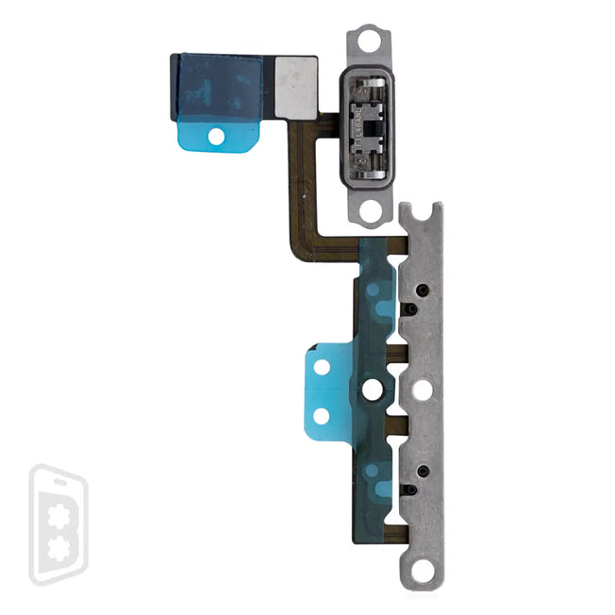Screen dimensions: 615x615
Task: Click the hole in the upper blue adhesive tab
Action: click(216, 136)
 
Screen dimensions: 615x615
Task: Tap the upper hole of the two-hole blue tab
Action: click(322, 367)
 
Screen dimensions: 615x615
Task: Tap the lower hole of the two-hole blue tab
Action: click(322, 415)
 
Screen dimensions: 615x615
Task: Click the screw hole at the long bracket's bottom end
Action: click(422, 571)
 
